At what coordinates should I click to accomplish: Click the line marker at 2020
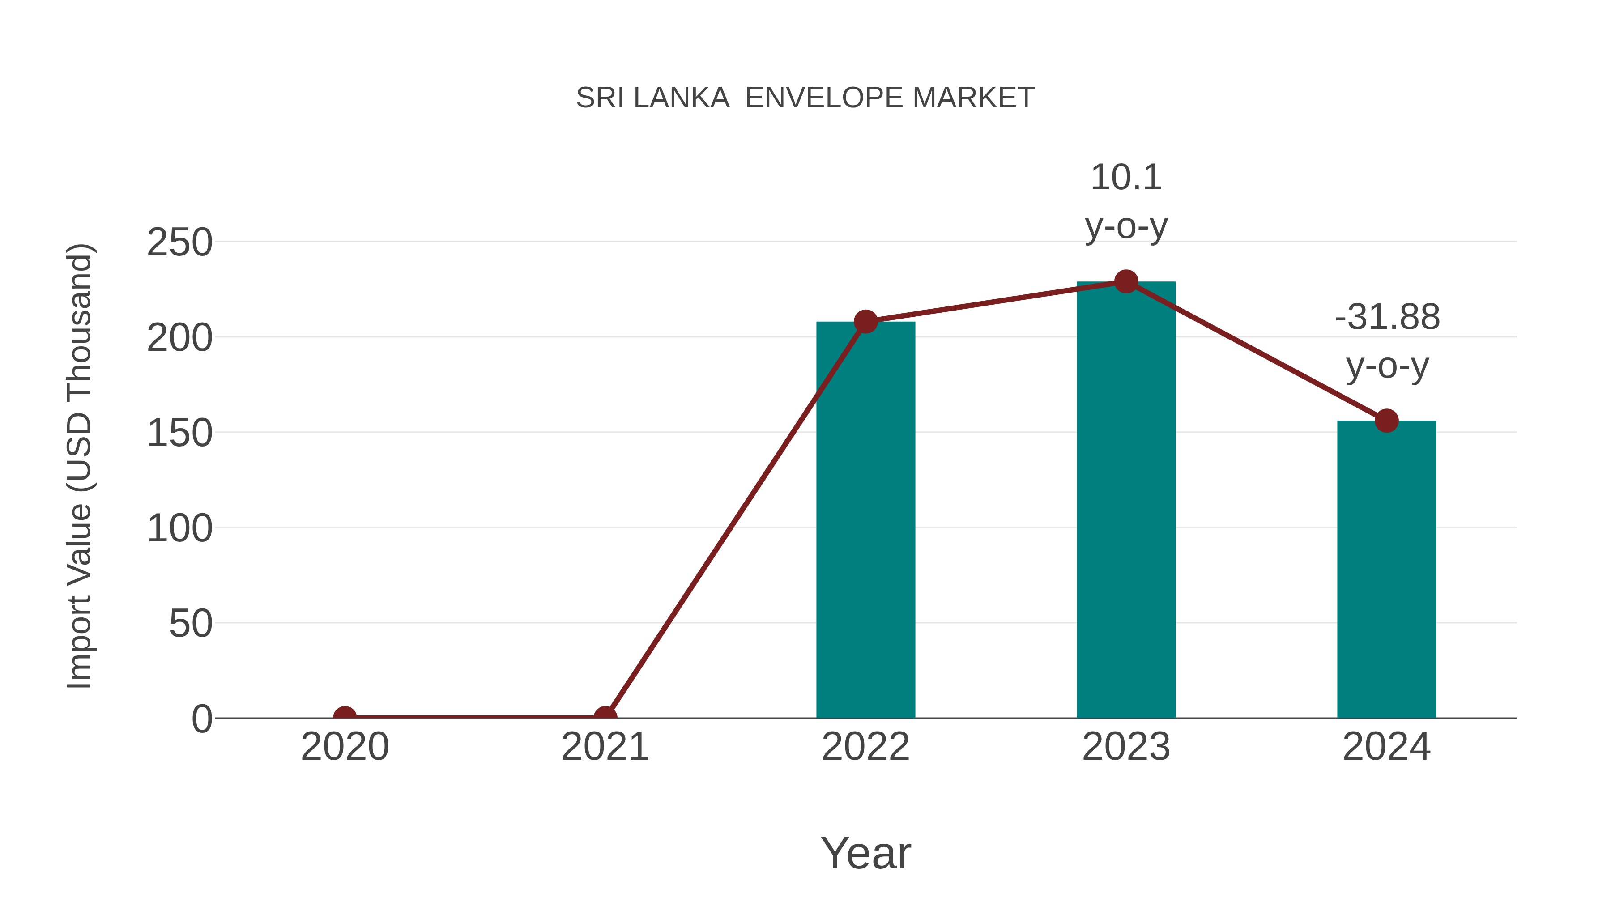tap(345, 717)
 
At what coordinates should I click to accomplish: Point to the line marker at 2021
tap(605, 717)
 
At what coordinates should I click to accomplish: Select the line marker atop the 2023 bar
tap(1126, 282)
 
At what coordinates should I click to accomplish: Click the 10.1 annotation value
tap(1126, 178)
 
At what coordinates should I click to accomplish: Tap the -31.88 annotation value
tap(1387, 317)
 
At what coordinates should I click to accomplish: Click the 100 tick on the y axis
tap(179, 528)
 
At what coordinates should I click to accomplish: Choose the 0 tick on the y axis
tap(201, 719)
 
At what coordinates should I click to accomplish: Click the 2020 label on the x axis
tap(345, 747)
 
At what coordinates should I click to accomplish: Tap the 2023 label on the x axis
tap(1126, 747)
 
